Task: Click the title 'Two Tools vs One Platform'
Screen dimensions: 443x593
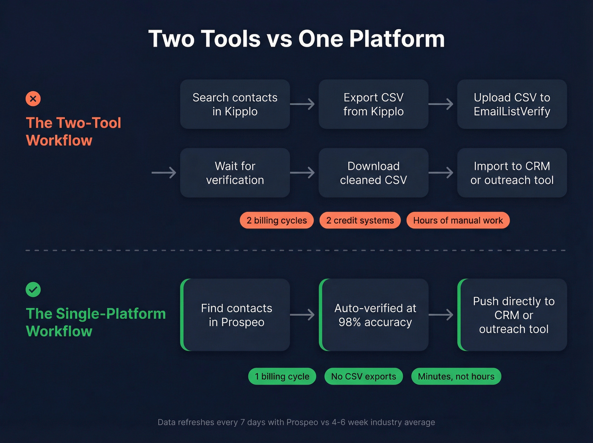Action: coord(296,39)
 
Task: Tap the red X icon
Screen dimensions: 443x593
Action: coord(33,99)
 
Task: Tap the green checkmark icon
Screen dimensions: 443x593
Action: coord(33,290)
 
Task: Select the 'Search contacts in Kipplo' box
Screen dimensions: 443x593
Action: coord(235,104)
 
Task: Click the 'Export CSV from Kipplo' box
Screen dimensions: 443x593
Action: coord(373,104)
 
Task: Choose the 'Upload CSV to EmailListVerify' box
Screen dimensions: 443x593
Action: coord(512,104)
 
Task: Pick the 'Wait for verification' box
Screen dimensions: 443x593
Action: coord(235,173)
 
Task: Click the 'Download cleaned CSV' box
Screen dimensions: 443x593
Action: coord(373,173)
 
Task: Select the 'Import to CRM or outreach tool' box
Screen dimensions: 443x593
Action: coord(512,173)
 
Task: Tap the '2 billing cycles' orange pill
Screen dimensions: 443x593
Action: coord(277,220)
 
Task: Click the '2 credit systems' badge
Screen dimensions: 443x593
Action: coord(360,220)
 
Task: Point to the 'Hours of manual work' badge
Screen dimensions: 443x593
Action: coord(458,220)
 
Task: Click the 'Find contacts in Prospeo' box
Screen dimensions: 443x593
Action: coord(236,315)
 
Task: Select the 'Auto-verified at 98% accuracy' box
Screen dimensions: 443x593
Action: coord(374,315)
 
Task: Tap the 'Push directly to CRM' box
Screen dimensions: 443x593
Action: coord(513,315)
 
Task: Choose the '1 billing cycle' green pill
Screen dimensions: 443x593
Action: coord(282,376)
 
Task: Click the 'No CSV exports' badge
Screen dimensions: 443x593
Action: coord(363,376)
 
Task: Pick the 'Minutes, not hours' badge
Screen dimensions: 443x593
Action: coord(456,376)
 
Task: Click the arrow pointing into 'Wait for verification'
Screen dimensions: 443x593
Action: coord(164,173)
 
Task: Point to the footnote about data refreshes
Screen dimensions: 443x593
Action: coord(296,422)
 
